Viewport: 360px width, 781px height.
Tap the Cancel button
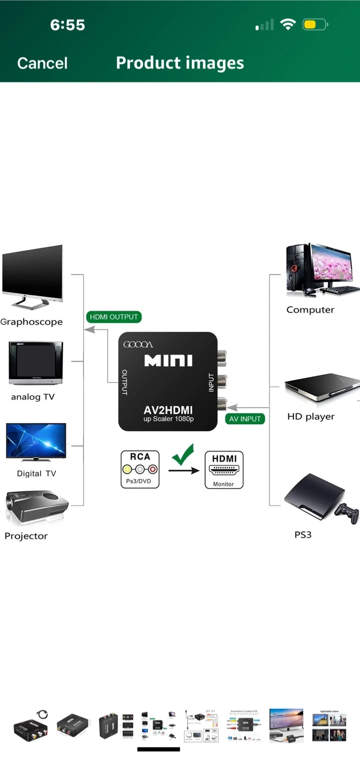coord(42,63)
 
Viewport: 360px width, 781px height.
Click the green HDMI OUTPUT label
coord(114,317)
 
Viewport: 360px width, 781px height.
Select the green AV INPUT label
coord(245,419)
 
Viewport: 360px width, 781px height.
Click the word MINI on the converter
coord(168,361)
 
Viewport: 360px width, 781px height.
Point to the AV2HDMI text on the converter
coord(168,410)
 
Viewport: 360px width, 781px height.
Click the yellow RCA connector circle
coord(127,470)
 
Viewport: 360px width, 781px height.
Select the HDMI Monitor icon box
coord(224,470)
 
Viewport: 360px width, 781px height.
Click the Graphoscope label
coord(31,322)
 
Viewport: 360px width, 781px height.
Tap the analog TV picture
coord(35,363)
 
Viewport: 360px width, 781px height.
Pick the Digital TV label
coord(36,473)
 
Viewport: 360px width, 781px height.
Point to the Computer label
coord(310,310)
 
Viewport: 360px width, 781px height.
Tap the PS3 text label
coord(303,535)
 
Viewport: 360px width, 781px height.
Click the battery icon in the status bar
coord(315,24)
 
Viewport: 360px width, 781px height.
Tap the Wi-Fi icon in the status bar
coord(288,24)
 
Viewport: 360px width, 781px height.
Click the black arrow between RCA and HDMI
coord(183,470)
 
